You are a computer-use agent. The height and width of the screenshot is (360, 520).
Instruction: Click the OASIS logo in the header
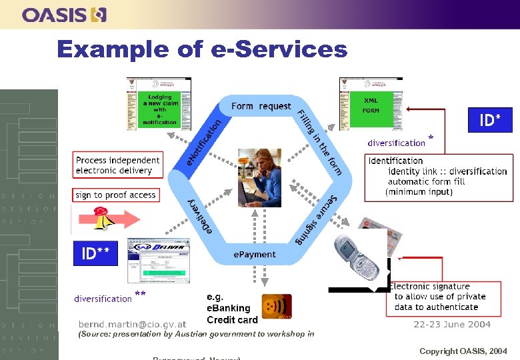[64, 14]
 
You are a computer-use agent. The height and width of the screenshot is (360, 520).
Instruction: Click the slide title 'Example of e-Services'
[202, 49]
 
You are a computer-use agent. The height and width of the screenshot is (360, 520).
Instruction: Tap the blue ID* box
[490, 120]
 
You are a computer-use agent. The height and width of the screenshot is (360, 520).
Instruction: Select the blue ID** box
[95, 253]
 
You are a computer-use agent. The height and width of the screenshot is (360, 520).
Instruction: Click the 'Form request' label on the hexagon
[261, 106]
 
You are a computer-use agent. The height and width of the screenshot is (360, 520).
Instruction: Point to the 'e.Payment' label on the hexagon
[254, 254]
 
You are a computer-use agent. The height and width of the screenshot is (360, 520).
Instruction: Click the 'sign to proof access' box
[115, 195]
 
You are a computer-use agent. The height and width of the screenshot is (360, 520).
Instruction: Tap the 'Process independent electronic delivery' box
[117, 165]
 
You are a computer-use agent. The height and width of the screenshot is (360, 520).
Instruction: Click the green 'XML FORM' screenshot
[370, 105]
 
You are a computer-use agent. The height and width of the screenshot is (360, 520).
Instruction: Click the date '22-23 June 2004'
[452, 325]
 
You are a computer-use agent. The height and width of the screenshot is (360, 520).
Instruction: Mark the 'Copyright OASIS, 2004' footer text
[463, 351]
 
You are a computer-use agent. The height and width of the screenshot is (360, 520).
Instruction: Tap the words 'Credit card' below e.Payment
[232, 319]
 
